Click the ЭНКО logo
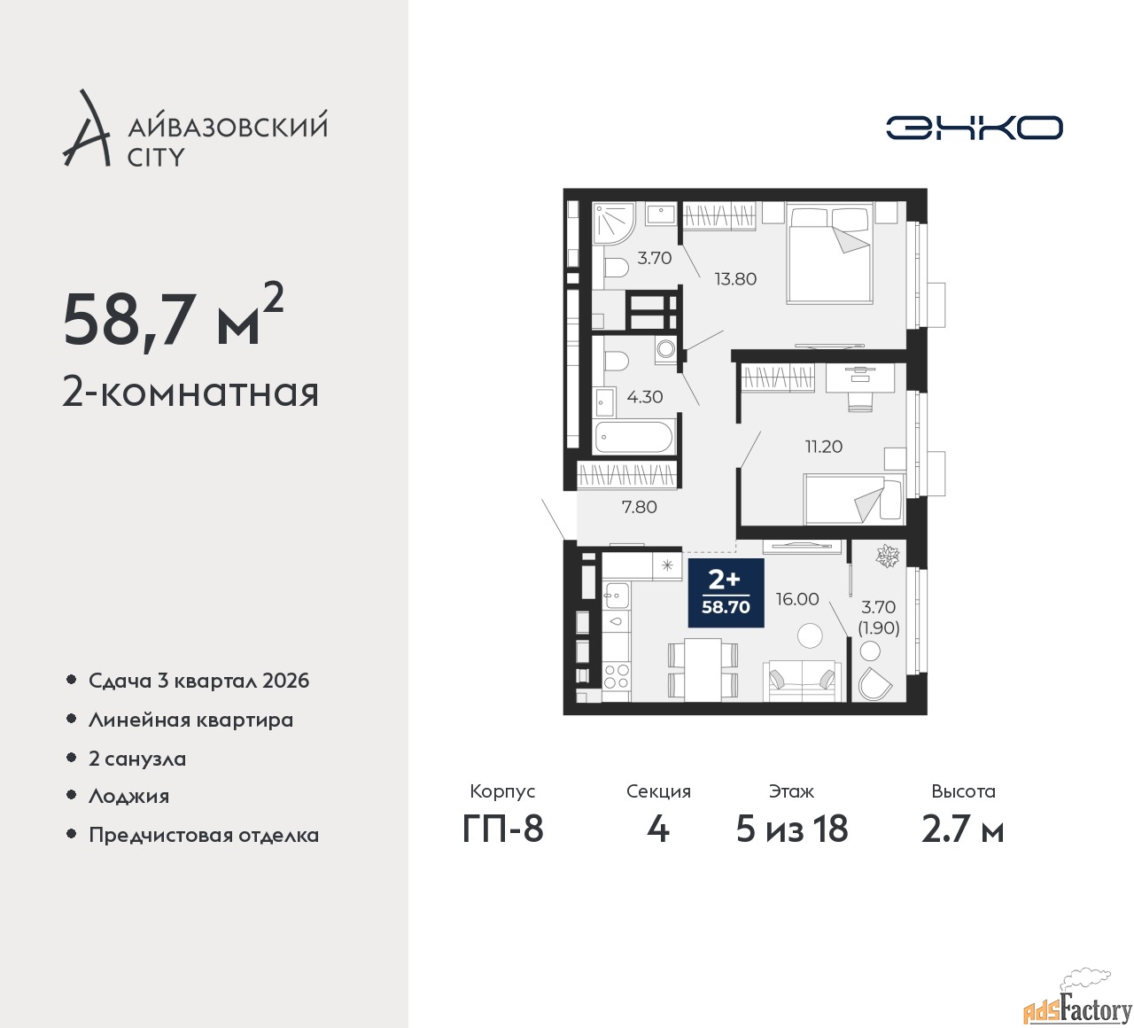[974, 128]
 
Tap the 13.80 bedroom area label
[735, 279]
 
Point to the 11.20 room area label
[824, 447]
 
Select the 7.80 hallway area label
[639, 507]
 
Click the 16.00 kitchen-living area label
[797, 599]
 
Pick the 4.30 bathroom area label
[644, 396]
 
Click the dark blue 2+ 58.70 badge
[726, 593]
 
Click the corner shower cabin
[613, 222]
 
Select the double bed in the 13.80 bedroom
[829, 253]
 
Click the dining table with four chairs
[703, 669]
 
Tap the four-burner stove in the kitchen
[616, 675]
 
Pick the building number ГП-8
[502, 829]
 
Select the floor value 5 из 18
[792, 829]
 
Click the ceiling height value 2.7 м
[963, 829]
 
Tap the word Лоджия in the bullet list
[128, 797]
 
